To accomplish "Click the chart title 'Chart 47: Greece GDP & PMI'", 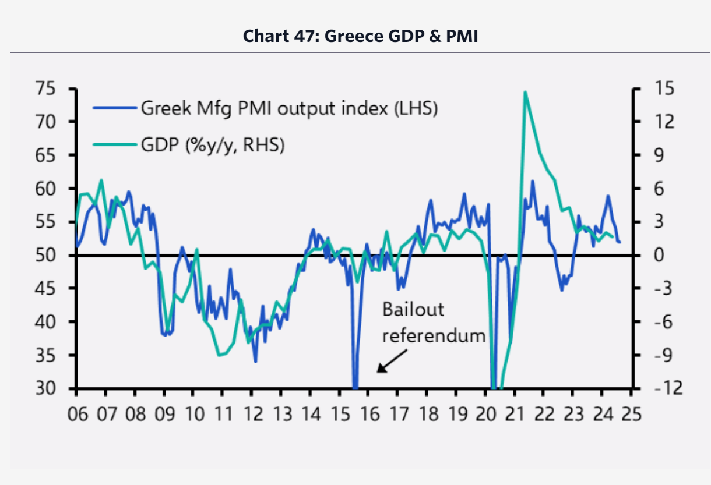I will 360,36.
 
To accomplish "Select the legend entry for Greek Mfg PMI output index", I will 288,108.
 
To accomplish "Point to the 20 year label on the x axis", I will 485,415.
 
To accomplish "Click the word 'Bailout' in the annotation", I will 413,309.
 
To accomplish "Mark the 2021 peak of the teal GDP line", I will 525,92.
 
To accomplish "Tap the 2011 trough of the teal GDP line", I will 219,355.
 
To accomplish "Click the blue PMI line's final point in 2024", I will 620,242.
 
